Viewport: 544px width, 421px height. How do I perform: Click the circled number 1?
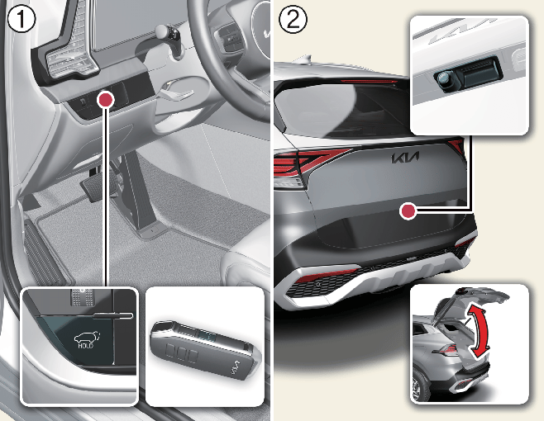tap(21, 19)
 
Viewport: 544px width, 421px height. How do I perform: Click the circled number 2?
tap(293, 19)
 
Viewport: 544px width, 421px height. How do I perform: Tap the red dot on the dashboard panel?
tap(106, 100)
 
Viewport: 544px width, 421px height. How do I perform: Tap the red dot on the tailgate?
tap(408, 211)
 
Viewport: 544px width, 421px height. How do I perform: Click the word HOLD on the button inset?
tap(85, 345)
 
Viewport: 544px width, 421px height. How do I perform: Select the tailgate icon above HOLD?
tap(86, 337)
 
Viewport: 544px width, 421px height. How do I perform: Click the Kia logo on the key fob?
tap(236, 367)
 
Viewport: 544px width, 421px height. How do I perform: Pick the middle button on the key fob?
tap(181, 353)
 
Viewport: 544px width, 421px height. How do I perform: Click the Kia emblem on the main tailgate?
tap(405, 158)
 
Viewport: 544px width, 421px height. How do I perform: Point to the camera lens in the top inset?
tap(443, 79)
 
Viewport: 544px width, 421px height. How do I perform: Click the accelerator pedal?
tap(139, 194)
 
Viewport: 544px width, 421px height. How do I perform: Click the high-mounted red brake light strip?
tap(369, 82)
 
